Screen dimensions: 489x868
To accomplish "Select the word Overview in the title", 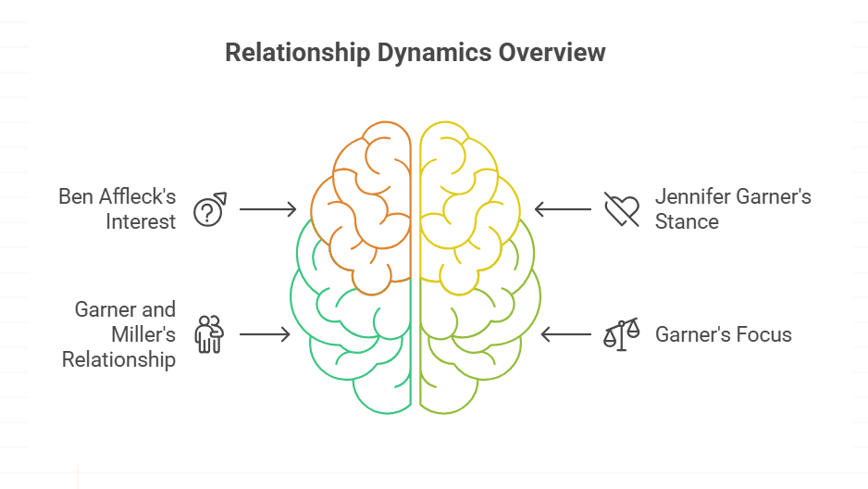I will [552, 53].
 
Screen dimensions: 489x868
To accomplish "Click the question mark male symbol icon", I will [209, 210].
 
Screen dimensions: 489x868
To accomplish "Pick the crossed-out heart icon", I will [621, 209].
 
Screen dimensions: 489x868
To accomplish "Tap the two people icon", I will [209, 333].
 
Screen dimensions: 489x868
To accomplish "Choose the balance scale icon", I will [621, 333].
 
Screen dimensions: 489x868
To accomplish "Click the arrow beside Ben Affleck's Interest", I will [267, 210].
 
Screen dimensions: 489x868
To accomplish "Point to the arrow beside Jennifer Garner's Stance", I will [563, 209].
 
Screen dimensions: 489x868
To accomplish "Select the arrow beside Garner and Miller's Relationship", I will [265, 333].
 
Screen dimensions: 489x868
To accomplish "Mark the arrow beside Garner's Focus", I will [565, 333].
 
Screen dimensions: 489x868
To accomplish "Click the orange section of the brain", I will [362, 204].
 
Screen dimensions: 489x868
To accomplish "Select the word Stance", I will [687, 221].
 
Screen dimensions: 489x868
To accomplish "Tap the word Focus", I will [764, 334].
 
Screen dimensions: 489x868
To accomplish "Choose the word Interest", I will [140, 221].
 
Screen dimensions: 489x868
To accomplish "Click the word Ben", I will [76, 196].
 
